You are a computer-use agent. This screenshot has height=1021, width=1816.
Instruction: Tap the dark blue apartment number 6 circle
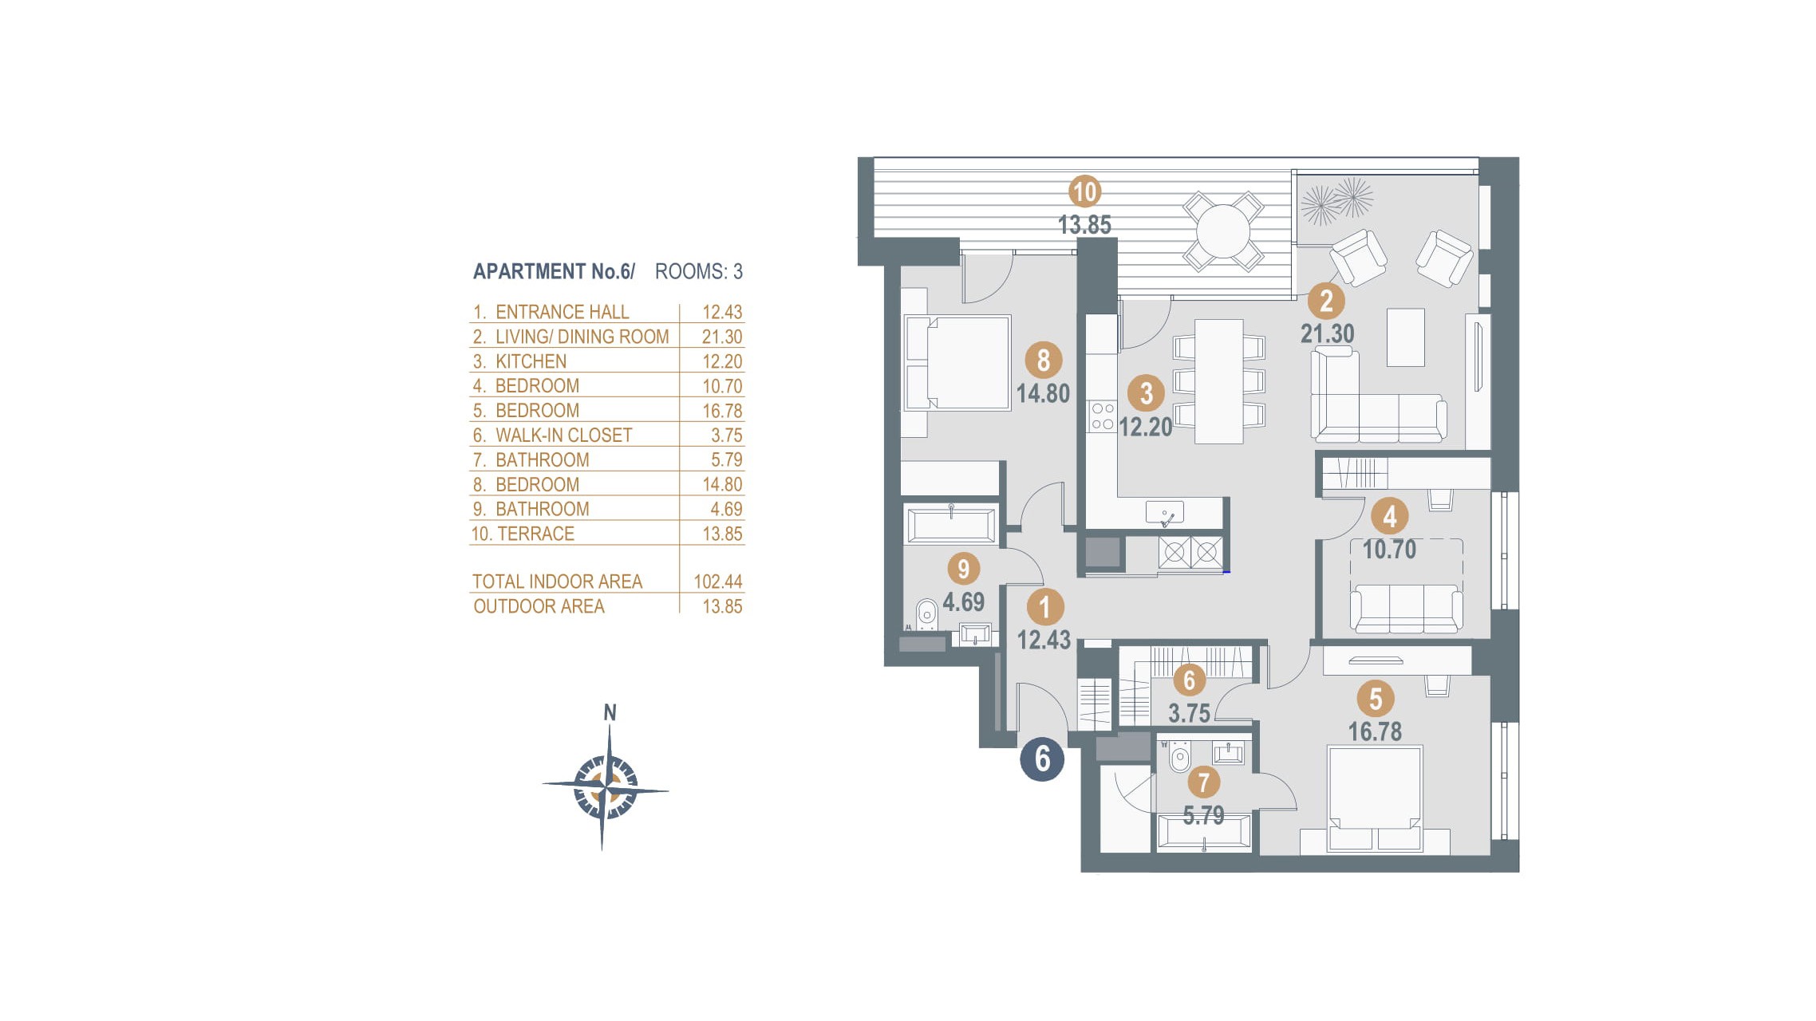point(1042,759)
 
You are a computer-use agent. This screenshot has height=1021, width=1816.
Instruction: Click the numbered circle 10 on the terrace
point(1085,191)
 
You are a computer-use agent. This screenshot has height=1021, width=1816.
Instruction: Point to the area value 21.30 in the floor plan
point(1328,333)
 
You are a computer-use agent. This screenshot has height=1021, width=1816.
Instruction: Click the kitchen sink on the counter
point(1164,513)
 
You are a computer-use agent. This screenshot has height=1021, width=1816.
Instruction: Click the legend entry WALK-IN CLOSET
point(563,435)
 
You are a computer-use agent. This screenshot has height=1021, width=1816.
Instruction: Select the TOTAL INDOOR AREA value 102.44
point(718,581)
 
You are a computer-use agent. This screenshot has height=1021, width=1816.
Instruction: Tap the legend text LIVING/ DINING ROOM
point(582,337)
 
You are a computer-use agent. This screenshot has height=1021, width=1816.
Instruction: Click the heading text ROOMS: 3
point(699,272)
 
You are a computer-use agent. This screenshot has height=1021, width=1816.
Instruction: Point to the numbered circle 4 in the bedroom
point(1389,516)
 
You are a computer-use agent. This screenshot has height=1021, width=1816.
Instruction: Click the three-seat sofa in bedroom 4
point(1406,608)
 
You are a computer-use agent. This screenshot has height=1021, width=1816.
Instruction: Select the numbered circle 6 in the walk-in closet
point(1189,680)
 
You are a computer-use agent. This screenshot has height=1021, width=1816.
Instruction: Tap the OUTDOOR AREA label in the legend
point(539,606)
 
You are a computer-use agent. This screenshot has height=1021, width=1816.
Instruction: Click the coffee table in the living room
point(1406,337)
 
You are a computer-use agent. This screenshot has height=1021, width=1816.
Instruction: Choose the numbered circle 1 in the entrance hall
point(1044,607)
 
